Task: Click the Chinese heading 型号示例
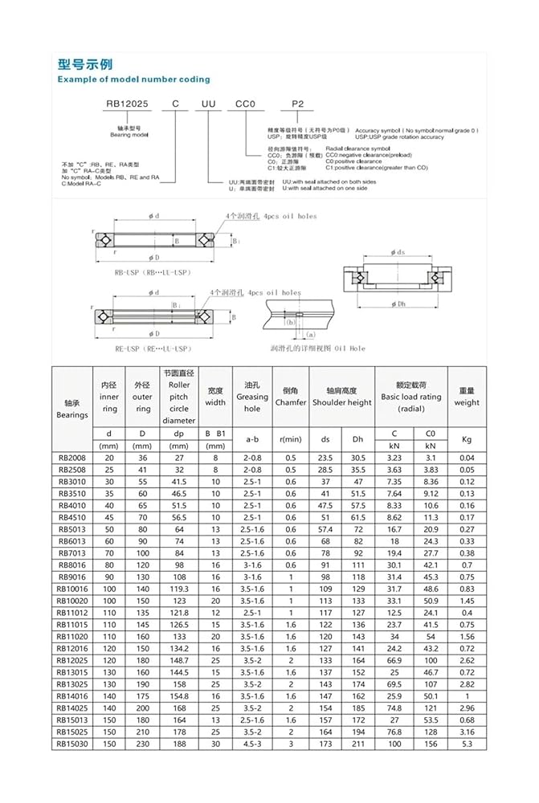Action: coord(85,64)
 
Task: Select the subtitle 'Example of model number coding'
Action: coord(133,79)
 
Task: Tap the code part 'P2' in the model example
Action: coord(296,104)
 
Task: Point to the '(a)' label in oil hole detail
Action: coord(310,333)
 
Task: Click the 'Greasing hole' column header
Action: coord(252,402)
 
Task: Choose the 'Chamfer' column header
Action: coord(291,402)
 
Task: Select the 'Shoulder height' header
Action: coord(342,402)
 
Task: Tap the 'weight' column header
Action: coord(467,402)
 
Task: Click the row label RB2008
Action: coord(71,458)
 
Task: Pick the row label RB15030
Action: coord(71,744)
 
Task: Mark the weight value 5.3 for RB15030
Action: coord(467,744)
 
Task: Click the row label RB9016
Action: coord(71,576)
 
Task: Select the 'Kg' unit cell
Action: coord(467,439)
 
